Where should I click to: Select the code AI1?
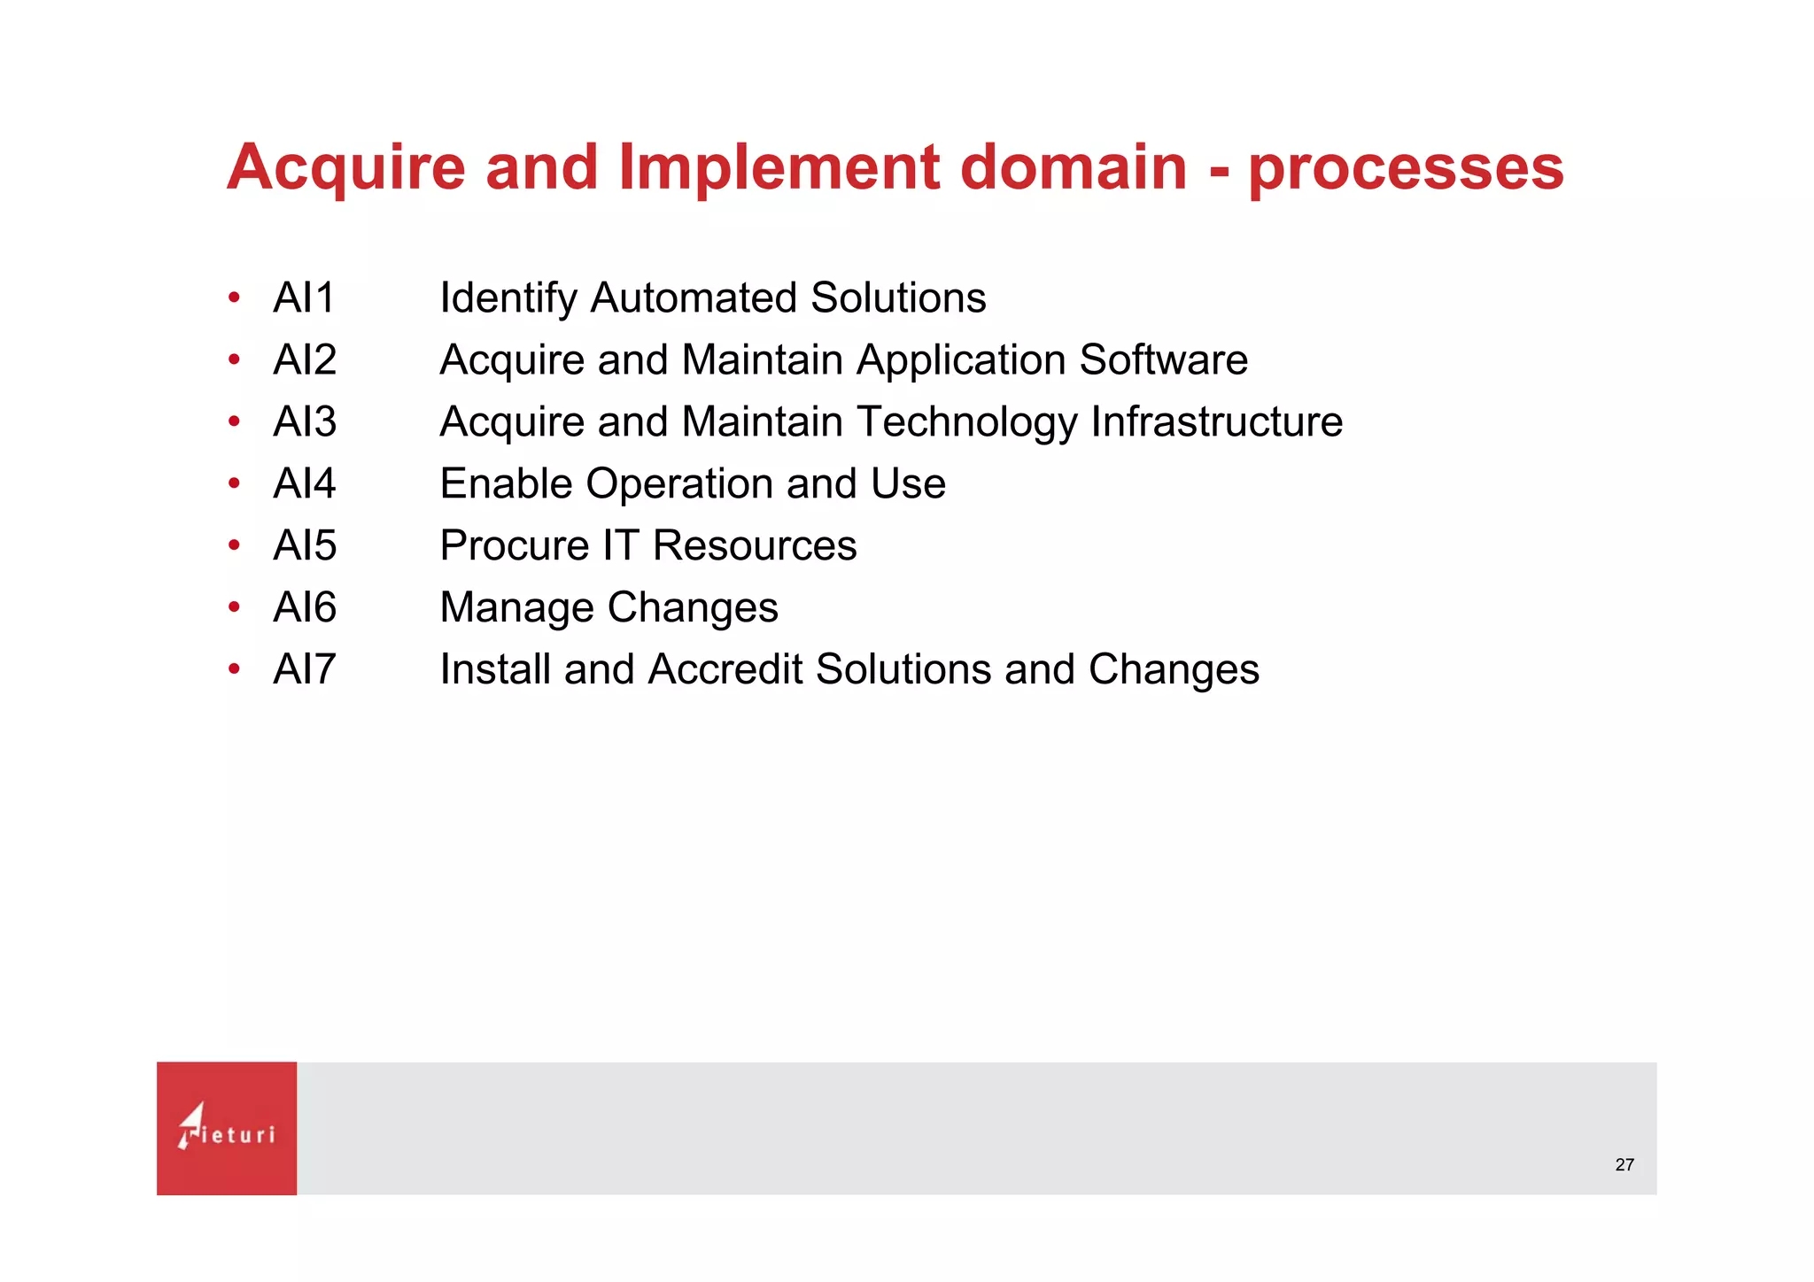304,297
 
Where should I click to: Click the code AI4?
304,483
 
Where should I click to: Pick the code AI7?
304,669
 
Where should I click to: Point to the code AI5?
304,545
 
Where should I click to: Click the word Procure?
514,545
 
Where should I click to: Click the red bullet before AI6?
234,607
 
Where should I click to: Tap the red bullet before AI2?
234,359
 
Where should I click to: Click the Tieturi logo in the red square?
227,1128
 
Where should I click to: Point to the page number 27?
1624,1165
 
